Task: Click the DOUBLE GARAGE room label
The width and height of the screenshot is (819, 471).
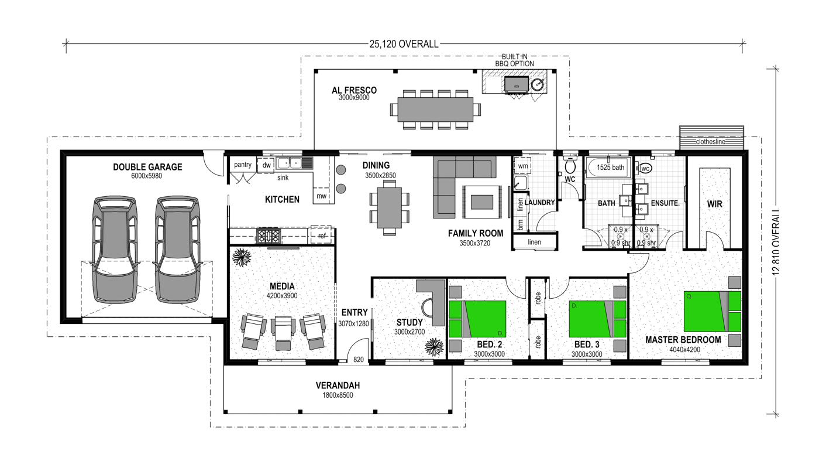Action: pos(147,167)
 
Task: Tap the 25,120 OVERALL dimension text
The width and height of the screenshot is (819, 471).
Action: pos(404,44)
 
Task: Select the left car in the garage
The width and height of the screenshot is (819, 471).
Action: pos(115,250)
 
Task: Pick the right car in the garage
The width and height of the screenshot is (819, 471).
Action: pos(178,250)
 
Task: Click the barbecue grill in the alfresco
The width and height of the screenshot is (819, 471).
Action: pos(516,84)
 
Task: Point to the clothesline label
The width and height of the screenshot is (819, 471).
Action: pos(710,142)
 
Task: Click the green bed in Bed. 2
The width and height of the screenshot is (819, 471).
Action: pos(477,319)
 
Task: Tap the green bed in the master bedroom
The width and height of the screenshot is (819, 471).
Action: pos(713,311)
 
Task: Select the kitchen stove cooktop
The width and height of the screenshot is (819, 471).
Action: pos(269,235)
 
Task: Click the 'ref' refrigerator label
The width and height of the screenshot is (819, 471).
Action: pos(322,236)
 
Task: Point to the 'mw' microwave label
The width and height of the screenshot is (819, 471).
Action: pos(321,196)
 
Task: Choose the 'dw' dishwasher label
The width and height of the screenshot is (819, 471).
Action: pos(267,165)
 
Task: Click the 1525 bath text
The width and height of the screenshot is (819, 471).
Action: pos(610,168)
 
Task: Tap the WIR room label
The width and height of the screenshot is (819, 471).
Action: pos(714,204)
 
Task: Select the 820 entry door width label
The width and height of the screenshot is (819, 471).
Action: pos(358,360)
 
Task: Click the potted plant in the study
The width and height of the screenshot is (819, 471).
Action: pos(434,347)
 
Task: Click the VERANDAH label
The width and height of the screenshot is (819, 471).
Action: pos(338,385)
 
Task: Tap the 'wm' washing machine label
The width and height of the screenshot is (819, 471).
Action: pos(523,166)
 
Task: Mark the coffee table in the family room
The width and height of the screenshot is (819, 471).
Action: pos(482,202)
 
